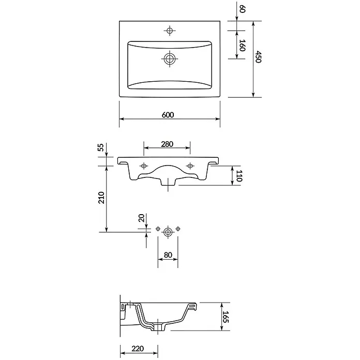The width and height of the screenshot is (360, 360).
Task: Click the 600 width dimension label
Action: click(168, 114)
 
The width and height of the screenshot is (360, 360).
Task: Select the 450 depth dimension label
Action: click(258, 57)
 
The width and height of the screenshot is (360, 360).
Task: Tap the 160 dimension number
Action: click(243, 45)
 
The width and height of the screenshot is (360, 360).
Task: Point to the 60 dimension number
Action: click(243, 9)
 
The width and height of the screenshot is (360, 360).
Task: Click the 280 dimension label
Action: click(167, 144)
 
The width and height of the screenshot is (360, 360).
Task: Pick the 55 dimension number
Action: click(101, 147)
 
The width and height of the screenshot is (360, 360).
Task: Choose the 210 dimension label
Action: click(101, 198)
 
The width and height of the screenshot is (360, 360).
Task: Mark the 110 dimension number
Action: click(239, 176)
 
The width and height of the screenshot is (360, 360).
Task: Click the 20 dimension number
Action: click(141, 218)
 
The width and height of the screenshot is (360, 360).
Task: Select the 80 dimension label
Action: click(168, 255)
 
